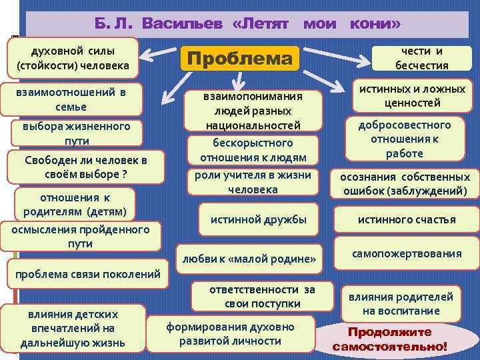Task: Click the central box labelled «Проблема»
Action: point(239,59)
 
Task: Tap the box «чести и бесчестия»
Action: point(421,58)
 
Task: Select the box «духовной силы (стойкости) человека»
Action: point(73,58)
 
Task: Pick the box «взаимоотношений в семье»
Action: point(71,99)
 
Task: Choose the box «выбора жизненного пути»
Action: point(77,133)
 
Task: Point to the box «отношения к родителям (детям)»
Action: point(75,204)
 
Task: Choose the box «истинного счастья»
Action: point(407,219)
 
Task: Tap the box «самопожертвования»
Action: point(407,253)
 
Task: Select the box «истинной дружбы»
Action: point(259,219)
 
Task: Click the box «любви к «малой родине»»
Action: point(247,258)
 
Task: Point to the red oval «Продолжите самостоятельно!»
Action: point(390,339)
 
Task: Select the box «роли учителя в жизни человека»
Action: point(253,182)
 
